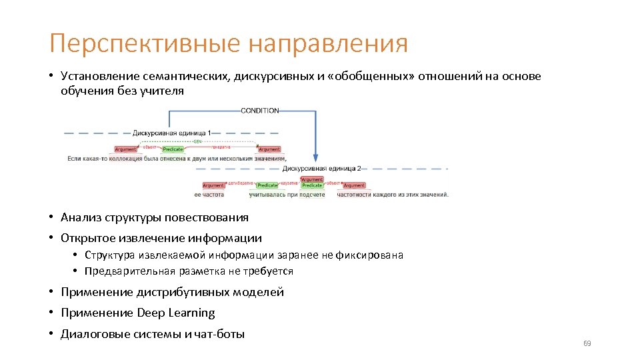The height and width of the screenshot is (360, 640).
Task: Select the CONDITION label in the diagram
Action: pos(259,111)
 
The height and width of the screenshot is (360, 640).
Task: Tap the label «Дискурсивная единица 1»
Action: pos(172,133)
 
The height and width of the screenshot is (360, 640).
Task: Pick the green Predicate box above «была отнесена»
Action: pos(173,149)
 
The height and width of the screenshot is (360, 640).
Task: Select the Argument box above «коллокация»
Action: pos(125,149)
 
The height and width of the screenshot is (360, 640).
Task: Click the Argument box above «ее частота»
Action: pos(213,185)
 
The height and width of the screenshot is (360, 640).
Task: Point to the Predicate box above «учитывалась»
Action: pos(267,185)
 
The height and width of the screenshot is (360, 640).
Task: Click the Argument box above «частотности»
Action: pos(354,185)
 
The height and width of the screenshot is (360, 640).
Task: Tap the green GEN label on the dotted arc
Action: pos(197,141)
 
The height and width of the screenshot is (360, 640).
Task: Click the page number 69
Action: pos(587,343)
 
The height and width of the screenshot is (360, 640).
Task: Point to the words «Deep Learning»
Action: pos(176,313)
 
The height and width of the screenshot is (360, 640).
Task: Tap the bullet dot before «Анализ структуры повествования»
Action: pos(51,217)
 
